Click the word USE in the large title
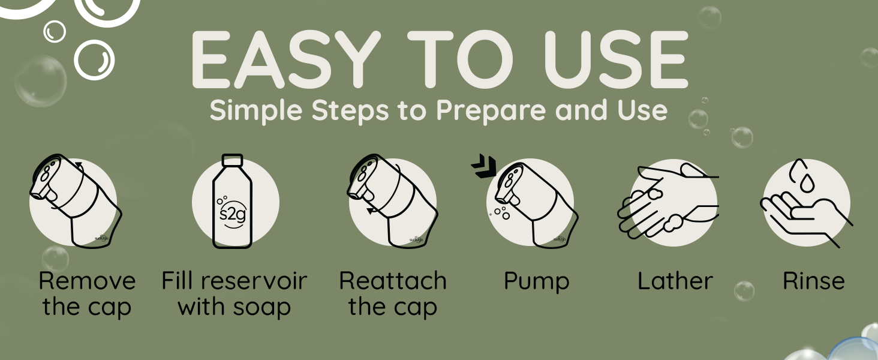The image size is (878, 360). click(616, 59)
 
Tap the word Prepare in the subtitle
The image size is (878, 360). click(491, 110)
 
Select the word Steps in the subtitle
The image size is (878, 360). click(350, 110)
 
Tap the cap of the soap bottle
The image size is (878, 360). click(233, 160)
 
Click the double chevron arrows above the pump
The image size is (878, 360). click(484, 166)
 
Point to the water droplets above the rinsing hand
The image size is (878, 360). click(802, 175)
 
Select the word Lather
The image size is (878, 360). click(675, 281)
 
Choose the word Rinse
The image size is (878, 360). click(813, 281)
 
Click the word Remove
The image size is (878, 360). click(87, 281)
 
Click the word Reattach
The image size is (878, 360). click(393, 281)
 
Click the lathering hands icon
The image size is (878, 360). click(668, 201)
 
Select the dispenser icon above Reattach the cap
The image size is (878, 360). click(393, 201)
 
